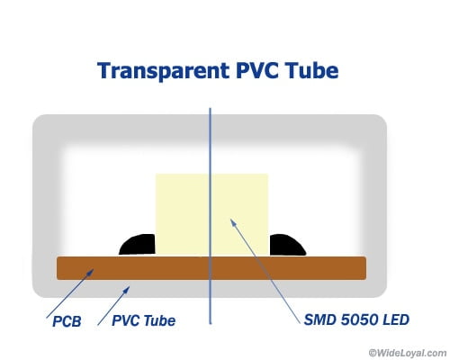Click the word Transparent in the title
tap(164, 71)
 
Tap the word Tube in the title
tap(311, 70)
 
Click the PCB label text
tap(67, 321)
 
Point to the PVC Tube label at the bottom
tap(143, 320)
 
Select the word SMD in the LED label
tap(319, 319)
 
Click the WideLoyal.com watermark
tap(408, 353)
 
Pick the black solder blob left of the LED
tap(138, 245)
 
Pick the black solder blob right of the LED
tap(287, 245)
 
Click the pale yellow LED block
tap(211, 214)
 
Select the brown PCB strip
tap(211, 268)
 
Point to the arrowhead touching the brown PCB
tap(91, 272)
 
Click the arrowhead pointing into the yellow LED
tap(233, 222)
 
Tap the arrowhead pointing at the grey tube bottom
tap(127, 290)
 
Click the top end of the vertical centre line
tap(210, 108)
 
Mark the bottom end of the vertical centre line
tap(211, 324)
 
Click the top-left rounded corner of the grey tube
tap(38, 120)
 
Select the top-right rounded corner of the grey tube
tap(382, 120)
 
